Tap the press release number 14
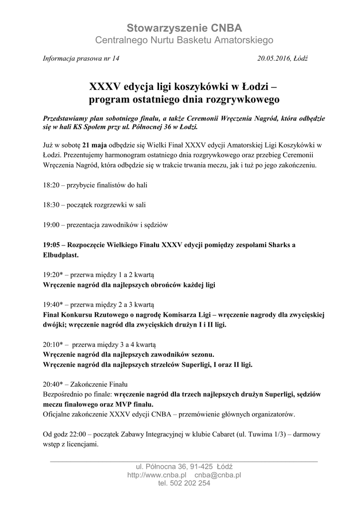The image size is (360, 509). (x=116, y=58)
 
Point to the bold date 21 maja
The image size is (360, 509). (x=95, y=145)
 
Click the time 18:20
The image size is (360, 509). (x=51, y=185)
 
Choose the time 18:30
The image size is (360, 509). (x=51, y=205)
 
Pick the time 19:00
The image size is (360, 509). (x=51, y=225)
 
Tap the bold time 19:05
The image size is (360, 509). (x=51, y=245)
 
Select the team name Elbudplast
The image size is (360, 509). (x=60, y=254)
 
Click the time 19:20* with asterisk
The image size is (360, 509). (x=53, y=274)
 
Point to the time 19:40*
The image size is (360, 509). (x=53, y=304)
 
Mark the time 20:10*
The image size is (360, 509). (x=53, y=344)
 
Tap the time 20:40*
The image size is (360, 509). (x=53, y=384)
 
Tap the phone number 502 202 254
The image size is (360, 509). (x=191, y=483)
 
